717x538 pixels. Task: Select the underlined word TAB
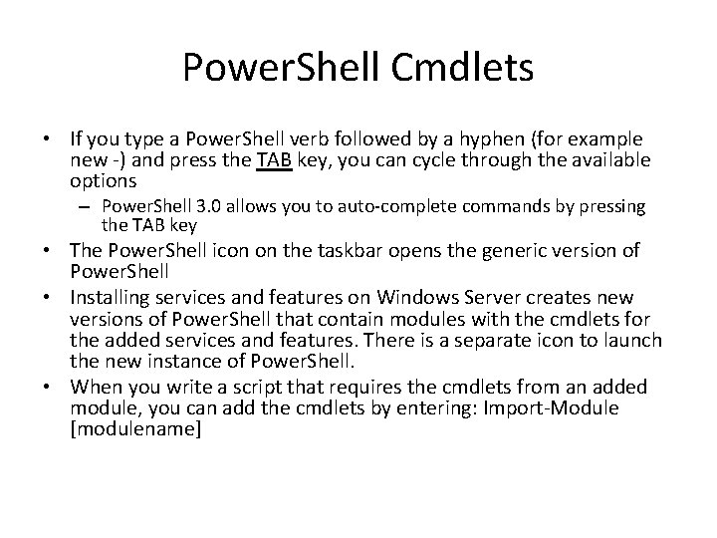(x=273, y=161)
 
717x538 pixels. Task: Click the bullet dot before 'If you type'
(x=50, y=138)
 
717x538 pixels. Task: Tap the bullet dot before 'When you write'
(x=50, y=387)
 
